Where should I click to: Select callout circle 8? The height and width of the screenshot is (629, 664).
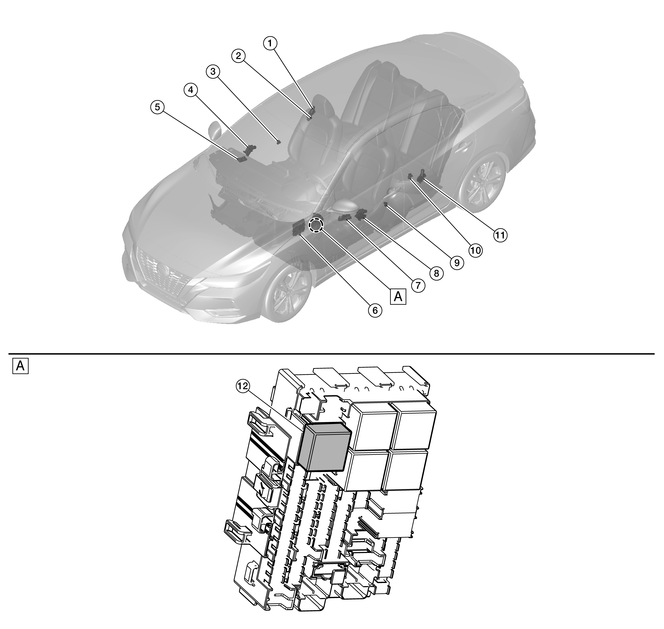[436, 273]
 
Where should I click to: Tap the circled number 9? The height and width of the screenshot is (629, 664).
[457, 263]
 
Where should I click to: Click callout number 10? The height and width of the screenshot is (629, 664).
[475, 250]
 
